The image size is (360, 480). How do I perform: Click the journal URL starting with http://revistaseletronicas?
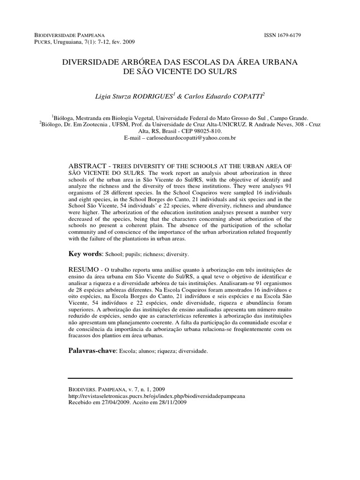coord(157,396)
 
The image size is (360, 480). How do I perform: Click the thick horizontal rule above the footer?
coord(180,378)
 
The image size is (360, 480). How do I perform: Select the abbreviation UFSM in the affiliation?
coord(127,125)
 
